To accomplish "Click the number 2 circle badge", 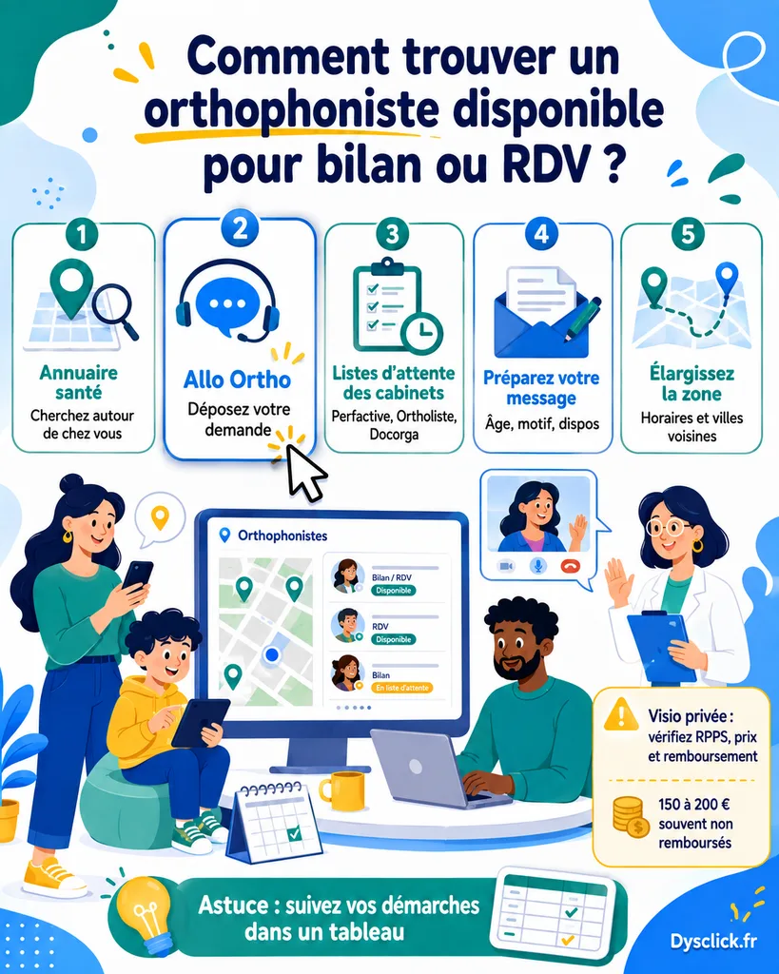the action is click(x=239, y=227).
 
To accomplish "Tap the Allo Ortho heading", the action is click(x=237, y=380).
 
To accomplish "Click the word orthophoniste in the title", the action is click(x=292, y=110).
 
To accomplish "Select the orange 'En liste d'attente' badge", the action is click(x=401, y=688).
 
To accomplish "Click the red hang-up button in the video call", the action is click(x=570, y=566).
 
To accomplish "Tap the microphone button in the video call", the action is click(x=538, y=566).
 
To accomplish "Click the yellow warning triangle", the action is click(x=620, y=714).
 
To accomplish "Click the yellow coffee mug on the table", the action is click(x=342, y=790).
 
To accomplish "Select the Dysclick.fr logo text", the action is click(x=713, y=941).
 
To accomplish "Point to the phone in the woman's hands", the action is click(x=137, y=575).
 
